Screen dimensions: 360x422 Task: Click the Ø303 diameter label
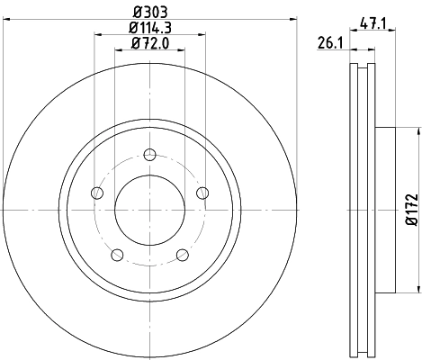tap(150, 13)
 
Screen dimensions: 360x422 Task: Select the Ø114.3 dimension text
tap(150, 29)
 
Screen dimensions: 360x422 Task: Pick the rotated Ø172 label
tap(410, 209)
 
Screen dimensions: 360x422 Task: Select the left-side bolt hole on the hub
tap(96, 191)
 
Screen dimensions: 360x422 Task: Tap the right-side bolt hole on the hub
tap(202, 191)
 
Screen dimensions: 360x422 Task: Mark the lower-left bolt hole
tap(116, 253)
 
